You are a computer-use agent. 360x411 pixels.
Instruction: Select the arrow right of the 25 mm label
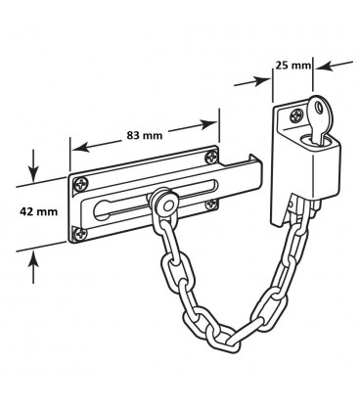coord(331,67)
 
